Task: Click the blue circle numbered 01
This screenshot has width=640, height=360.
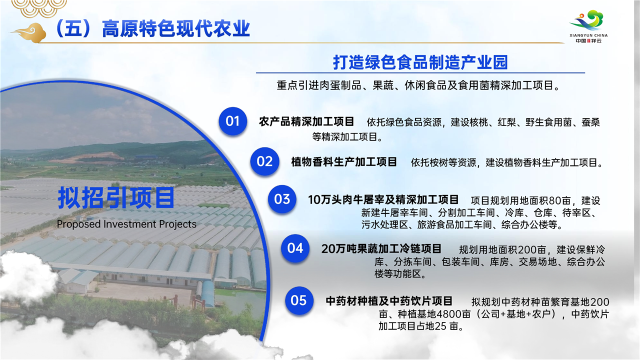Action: [x=233, y=121]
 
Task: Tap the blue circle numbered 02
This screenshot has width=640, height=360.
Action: [x=264, y=161]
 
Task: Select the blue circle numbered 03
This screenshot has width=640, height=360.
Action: [x=282, y=199]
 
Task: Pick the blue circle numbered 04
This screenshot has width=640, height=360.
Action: [x=295, y=248]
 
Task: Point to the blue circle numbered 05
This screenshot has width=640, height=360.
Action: [x=299, y=300]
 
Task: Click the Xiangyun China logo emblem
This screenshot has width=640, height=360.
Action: [x=588, y=20]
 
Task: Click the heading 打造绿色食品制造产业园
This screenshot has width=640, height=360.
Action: [x=420, y=62]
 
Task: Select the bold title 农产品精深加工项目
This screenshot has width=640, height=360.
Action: [x=306, y=121]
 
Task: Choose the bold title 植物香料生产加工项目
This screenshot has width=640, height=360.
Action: [x=344, y=161]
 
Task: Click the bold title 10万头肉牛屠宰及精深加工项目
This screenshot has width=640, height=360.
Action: [x=383, y=199]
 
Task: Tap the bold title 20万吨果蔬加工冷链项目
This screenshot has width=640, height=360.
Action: [x=381, y=249]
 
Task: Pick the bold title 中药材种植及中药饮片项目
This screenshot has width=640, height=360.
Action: [x=389, y=301]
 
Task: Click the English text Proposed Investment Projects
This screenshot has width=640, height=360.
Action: [x=126, y=224]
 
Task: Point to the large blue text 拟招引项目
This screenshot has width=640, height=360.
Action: [x=116, y=197]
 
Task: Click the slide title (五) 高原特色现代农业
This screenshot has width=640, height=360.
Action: [x=152, y=28]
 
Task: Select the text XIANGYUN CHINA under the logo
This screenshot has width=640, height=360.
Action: [x=588, y=35]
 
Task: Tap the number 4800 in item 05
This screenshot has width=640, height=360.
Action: [x=449, y=314]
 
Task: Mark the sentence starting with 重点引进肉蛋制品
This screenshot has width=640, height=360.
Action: [x=418, y=85]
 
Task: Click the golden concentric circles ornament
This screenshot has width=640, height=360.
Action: [x=39, y=8]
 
